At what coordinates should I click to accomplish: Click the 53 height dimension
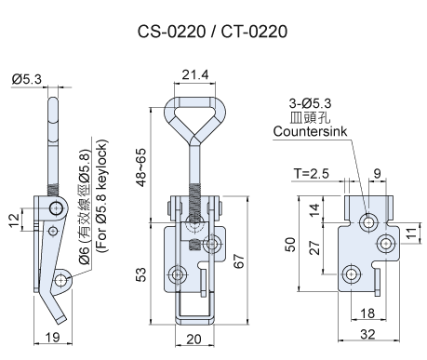tap(140, 274)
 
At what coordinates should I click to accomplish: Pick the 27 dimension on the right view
tap(314, 247)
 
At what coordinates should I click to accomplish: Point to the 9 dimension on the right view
tap(377, 174)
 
